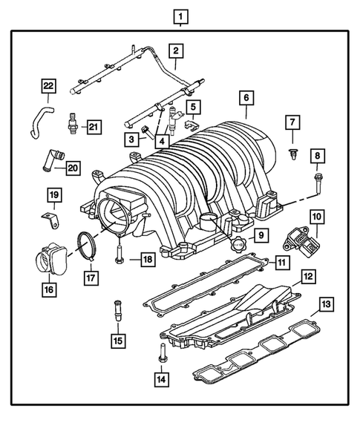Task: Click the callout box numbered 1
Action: point(180,16)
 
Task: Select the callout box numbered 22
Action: point(48,86)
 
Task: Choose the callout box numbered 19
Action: point(54,197)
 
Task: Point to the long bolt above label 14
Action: point(160,354)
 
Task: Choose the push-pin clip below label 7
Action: point(292,154)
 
